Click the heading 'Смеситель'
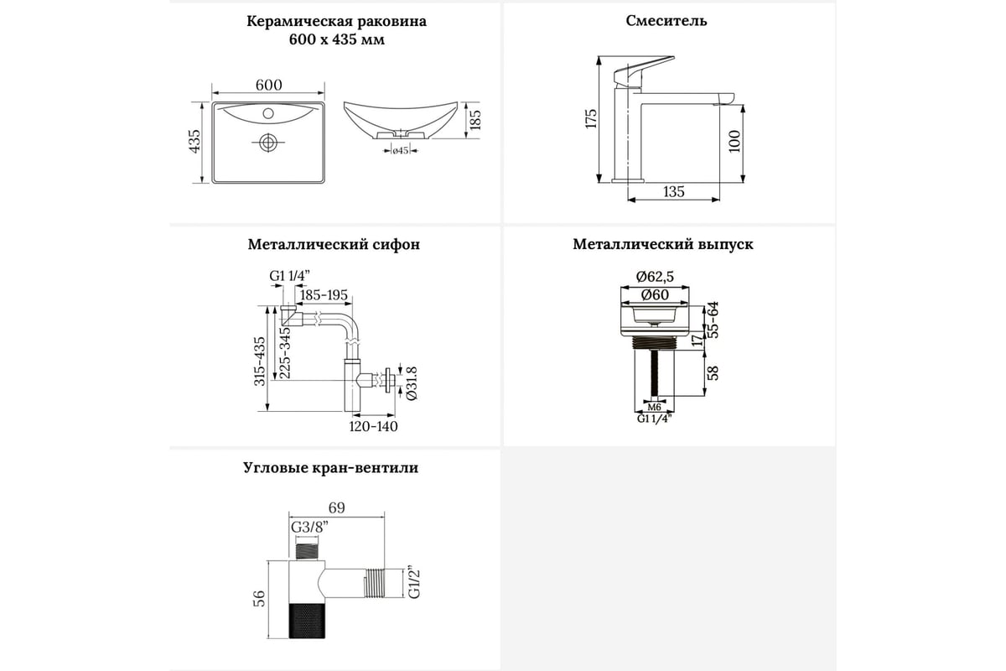[666, 21]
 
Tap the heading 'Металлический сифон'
[334, 245]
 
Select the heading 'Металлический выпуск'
[663, 245]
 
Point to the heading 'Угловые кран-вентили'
[329, 468]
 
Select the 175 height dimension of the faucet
[590, 118]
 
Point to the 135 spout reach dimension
[673, 192]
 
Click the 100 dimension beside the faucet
[734, 141]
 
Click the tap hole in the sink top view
[268, 112]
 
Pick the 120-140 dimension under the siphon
[375, 426]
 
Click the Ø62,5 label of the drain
[658, 276]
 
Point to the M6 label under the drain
[655, 408]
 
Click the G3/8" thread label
[309, 528]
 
